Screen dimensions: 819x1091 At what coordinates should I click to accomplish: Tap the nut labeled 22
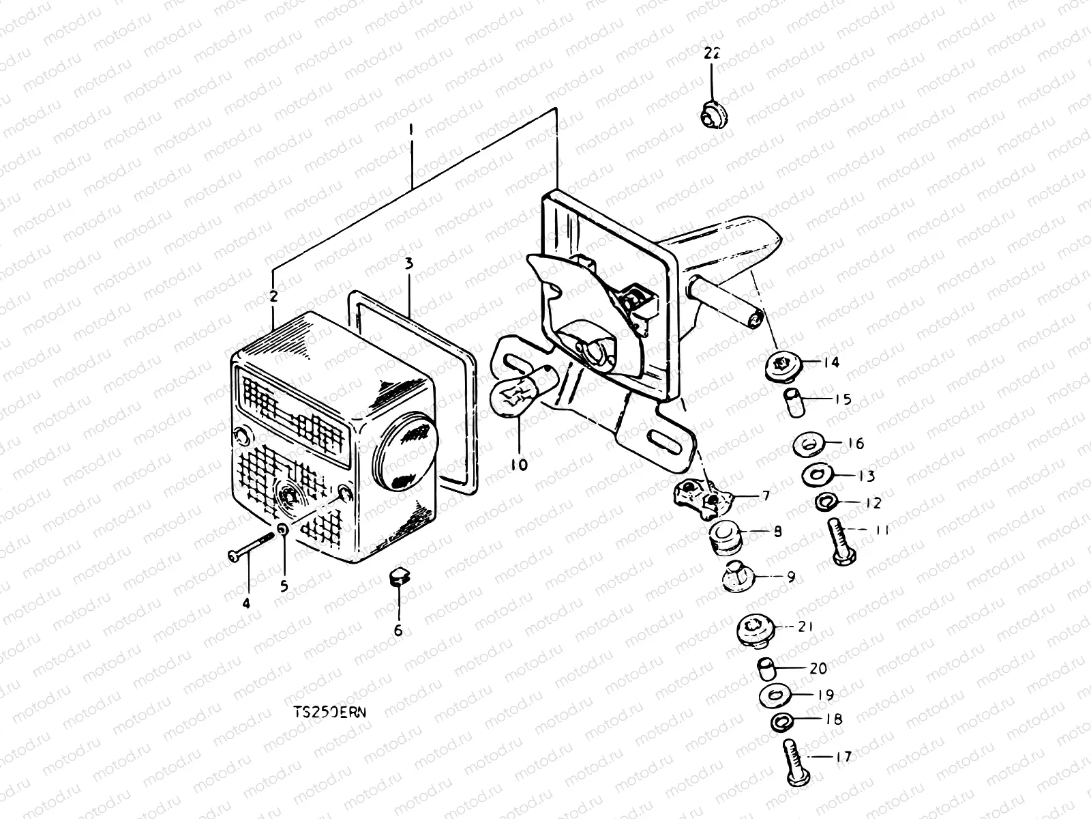click(x=713, y=114)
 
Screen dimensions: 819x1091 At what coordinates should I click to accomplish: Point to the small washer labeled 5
click(x=283, y=531)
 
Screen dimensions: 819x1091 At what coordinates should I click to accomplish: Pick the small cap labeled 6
click(x=398, y=577)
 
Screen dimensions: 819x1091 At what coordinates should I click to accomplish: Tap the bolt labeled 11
click(x=840, y=544)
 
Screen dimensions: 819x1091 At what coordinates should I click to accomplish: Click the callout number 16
click(x=855, y=444)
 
